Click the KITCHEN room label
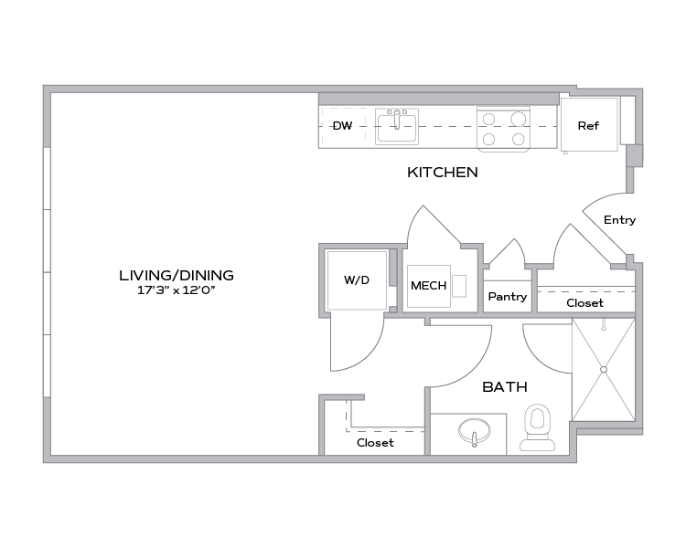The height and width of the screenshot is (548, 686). [443, 172]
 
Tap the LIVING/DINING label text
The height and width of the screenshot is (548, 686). [177, 274]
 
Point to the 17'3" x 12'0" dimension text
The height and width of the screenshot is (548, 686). [177, 290]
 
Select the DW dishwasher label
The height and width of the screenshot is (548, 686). [342, 125]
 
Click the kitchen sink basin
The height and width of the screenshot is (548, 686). [396, 126]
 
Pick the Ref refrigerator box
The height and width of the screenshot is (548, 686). [587, 125]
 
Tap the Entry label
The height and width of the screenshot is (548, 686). [620, 220]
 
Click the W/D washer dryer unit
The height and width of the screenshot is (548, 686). [357, 280]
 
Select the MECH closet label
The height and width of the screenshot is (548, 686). [428, 286]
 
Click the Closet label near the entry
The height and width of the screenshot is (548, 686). [584, 302]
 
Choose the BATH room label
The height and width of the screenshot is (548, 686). [505, 387]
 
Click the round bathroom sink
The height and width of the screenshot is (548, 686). [475, 430]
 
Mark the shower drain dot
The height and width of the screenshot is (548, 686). [604, 369]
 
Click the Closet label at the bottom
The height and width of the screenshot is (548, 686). [375, 443]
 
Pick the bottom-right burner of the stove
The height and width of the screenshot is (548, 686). [519, 139]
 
